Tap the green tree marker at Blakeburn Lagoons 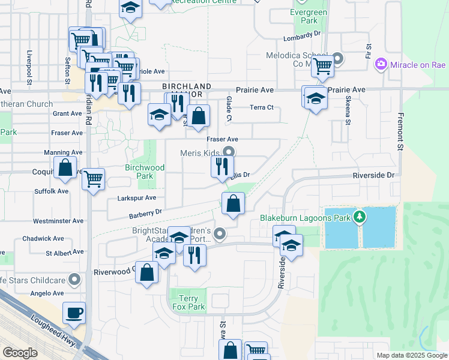(x=360, y=217)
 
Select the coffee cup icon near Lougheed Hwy (x=74, y=313)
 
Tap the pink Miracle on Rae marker (x=380, y=64)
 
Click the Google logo (x=20, y=353)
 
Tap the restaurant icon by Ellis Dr (x=222, y=166)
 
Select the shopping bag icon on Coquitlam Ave (x=65, y=167)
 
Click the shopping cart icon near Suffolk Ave (x=93, y=178)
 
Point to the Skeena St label (x=348, y=115)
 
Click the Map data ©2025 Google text (x=411, y=355)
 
